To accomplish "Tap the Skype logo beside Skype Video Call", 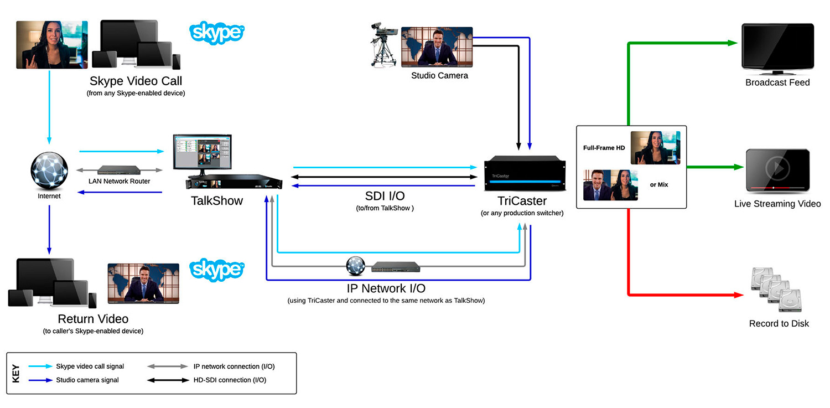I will click(x=217, y=33).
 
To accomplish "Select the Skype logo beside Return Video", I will click(x=217, y=270).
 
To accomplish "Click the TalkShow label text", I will click(x=217, y=201).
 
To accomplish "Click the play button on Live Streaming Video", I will click(x=777, y=167).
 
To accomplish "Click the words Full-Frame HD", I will click(x=604, y=148).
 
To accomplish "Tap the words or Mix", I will click(x=659, y=184).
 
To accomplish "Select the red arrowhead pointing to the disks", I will click(x=738, y=295).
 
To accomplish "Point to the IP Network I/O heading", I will click(x=386, y=288).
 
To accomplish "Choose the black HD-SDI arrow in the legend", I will click(x=168, y=380).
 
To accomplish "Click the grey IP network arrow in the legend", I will click(x=168, y=366).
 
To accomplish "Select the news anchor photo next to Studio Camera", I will click(x=437, y=47).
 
